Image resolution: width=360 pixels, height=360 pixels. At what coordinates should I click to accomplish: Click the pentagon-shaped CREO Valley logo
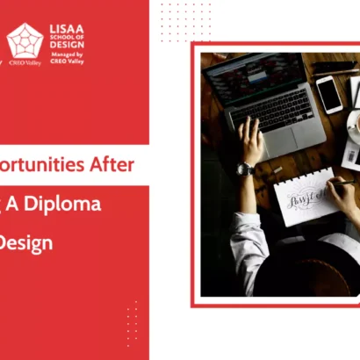tap(25, 40)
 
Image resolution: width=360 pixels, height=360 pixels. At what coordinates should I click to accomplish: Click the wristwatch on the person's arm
tap(246, 169)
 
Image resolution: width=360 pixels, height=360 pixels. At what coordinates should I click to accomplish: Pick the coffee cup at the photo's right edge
tap(354, 127)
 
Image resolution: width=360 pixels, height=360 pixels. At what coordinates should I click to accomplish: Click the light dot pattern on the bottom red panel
tap(132, 322)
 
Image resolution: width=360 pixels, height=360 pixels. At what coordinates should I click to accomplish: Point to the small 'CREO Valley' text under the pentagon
tap(25, 62)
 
